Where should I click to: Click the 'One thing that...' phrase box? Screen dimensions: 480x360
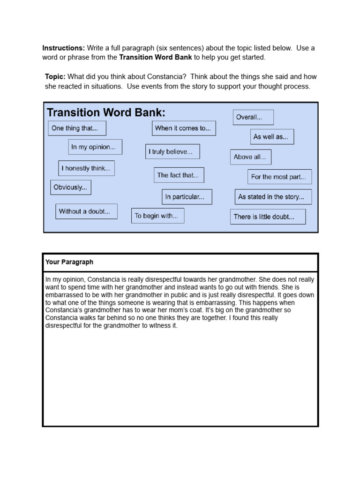pos(77,128)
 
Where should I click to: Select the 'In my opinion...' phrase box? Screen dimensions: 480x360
pos(95,147)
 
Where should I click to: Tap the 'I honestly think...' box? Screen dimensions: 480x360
pos(86,168)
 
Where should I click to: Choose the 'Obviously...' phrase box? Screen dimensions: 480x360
pos(71,187)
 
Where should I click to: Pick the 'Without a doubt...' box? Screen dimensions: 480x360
pos(86,211)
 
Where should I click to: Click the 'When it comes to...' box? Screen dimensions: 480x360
pos(184,128)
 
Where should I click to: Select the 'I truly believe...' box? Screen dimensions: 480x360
pos(172,151)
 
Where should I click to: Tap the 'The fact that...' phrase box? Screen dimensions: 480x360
pos(179,175)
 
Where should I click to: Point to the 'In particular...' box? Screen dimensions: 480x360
pos(187,197)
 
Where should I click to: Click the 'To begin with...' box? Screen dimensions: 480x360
pos(157,216)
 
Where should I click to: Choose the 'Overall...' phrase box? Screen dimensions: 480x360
pos(253,117)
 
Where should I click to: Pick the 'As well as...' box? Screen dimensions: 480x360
pos(272,137)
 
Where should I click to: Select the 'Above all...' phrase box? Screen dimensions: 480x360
pos(250,157)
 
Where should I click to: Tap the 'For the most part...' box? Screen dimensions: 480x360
pos(279,177)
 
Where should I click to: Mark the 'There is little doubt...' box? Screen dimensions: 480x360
pos(268,217)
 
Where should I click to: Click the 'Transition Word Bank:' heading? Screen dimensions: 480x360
pos(106,112)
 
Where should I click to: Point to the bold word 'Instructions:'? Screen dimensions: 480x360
pos(64,48)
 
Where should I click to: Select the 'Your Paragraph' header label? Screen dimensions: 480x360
pos(69,262)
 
